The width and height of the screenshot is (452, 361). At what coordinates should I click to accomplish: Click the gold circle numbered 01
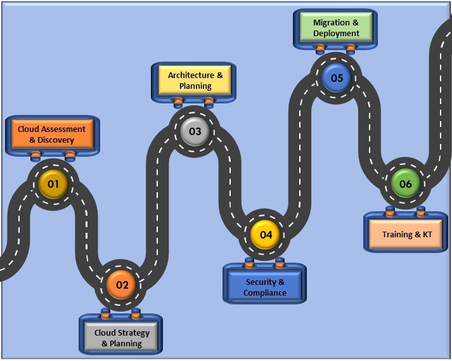53,185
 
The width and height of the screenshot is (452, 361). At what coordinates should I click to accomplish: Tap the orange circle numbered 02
122,285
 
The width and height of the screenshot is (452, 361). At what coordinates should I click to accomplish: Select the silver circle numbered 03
195,131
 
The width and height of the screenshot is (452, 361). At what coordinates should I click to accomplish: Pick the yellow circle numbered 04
266,234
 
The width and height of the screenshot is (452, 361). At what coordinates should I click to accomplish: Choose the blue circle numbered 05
336,78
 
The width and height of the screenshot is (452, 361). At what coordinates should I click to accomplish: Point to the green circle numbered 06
405,184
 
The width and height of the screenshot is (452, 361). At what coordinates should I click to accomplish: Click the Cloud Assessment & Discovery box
55,135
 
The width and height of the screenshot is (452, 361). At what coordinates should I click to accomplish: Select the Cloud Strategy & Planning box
122,338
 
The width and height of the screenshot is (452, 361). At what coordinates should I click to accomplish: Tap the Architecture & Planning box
195,81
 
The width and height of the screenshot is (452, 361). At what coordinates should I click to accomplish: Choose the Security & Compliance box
264,287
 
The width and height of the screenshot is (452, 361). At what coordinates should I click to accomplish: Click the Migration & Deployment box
336,28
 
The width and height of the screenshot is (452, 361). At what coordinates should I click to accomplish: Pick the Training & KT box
406,234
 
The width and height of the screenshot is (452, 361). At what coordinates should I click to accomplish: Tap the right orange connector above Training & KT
420,210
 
